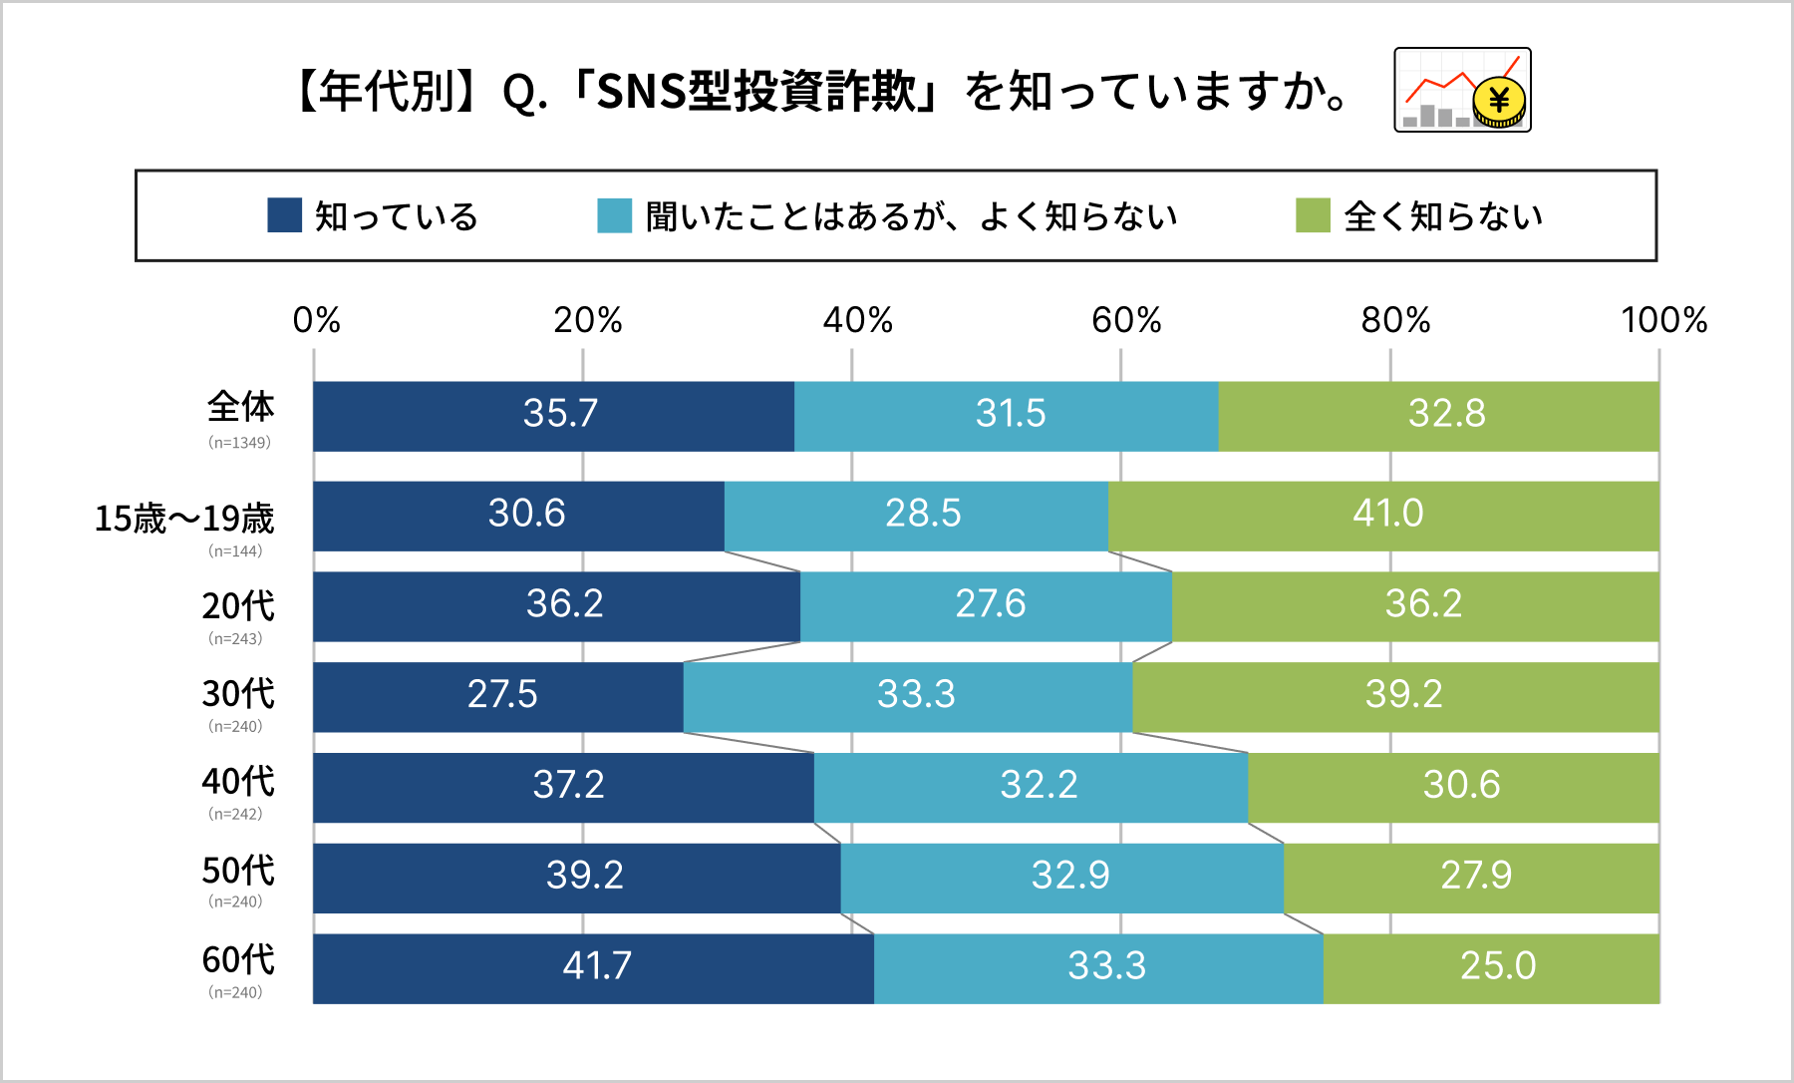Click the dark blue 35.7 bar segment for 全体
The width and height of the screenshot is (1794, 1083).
553,416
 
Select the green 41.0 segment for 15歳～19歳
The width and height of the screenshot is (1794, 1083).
1383,516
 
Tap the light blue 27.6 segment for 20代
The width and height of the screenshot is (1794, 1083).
986,606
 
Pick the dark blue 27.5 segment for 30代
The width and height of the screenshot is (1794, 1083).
498,697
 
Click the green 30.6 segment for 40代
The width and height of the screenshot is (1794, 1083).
1453,788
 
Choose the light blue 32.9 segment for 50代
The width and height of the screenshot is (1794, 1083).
1062,878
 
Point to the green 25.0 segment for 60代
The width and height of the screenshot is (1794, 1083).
1491,968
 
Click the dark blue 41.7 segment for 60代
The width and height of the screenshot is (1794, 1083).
594,968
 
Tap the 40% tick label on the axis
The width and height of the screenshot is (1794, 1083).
857,320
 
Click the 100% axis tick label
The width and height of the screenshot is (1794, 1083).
1663,320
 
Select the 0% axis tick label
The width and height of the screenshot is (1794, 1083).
316,320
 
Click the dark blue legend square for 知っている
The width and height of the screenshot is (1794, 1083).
285,215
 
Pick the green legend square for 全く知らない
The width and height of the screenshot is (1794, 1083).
1313,215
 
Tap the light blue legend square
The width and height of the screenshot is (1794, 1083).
614,215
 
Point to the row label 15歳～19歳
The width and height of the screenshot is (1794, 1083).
183,519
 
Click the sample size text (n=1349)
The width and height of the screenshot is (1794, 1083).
239,443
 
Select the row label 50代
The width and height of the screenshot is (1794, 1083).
238,871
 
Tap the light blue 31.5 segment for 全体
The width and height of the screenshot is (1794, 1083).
1007,416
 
